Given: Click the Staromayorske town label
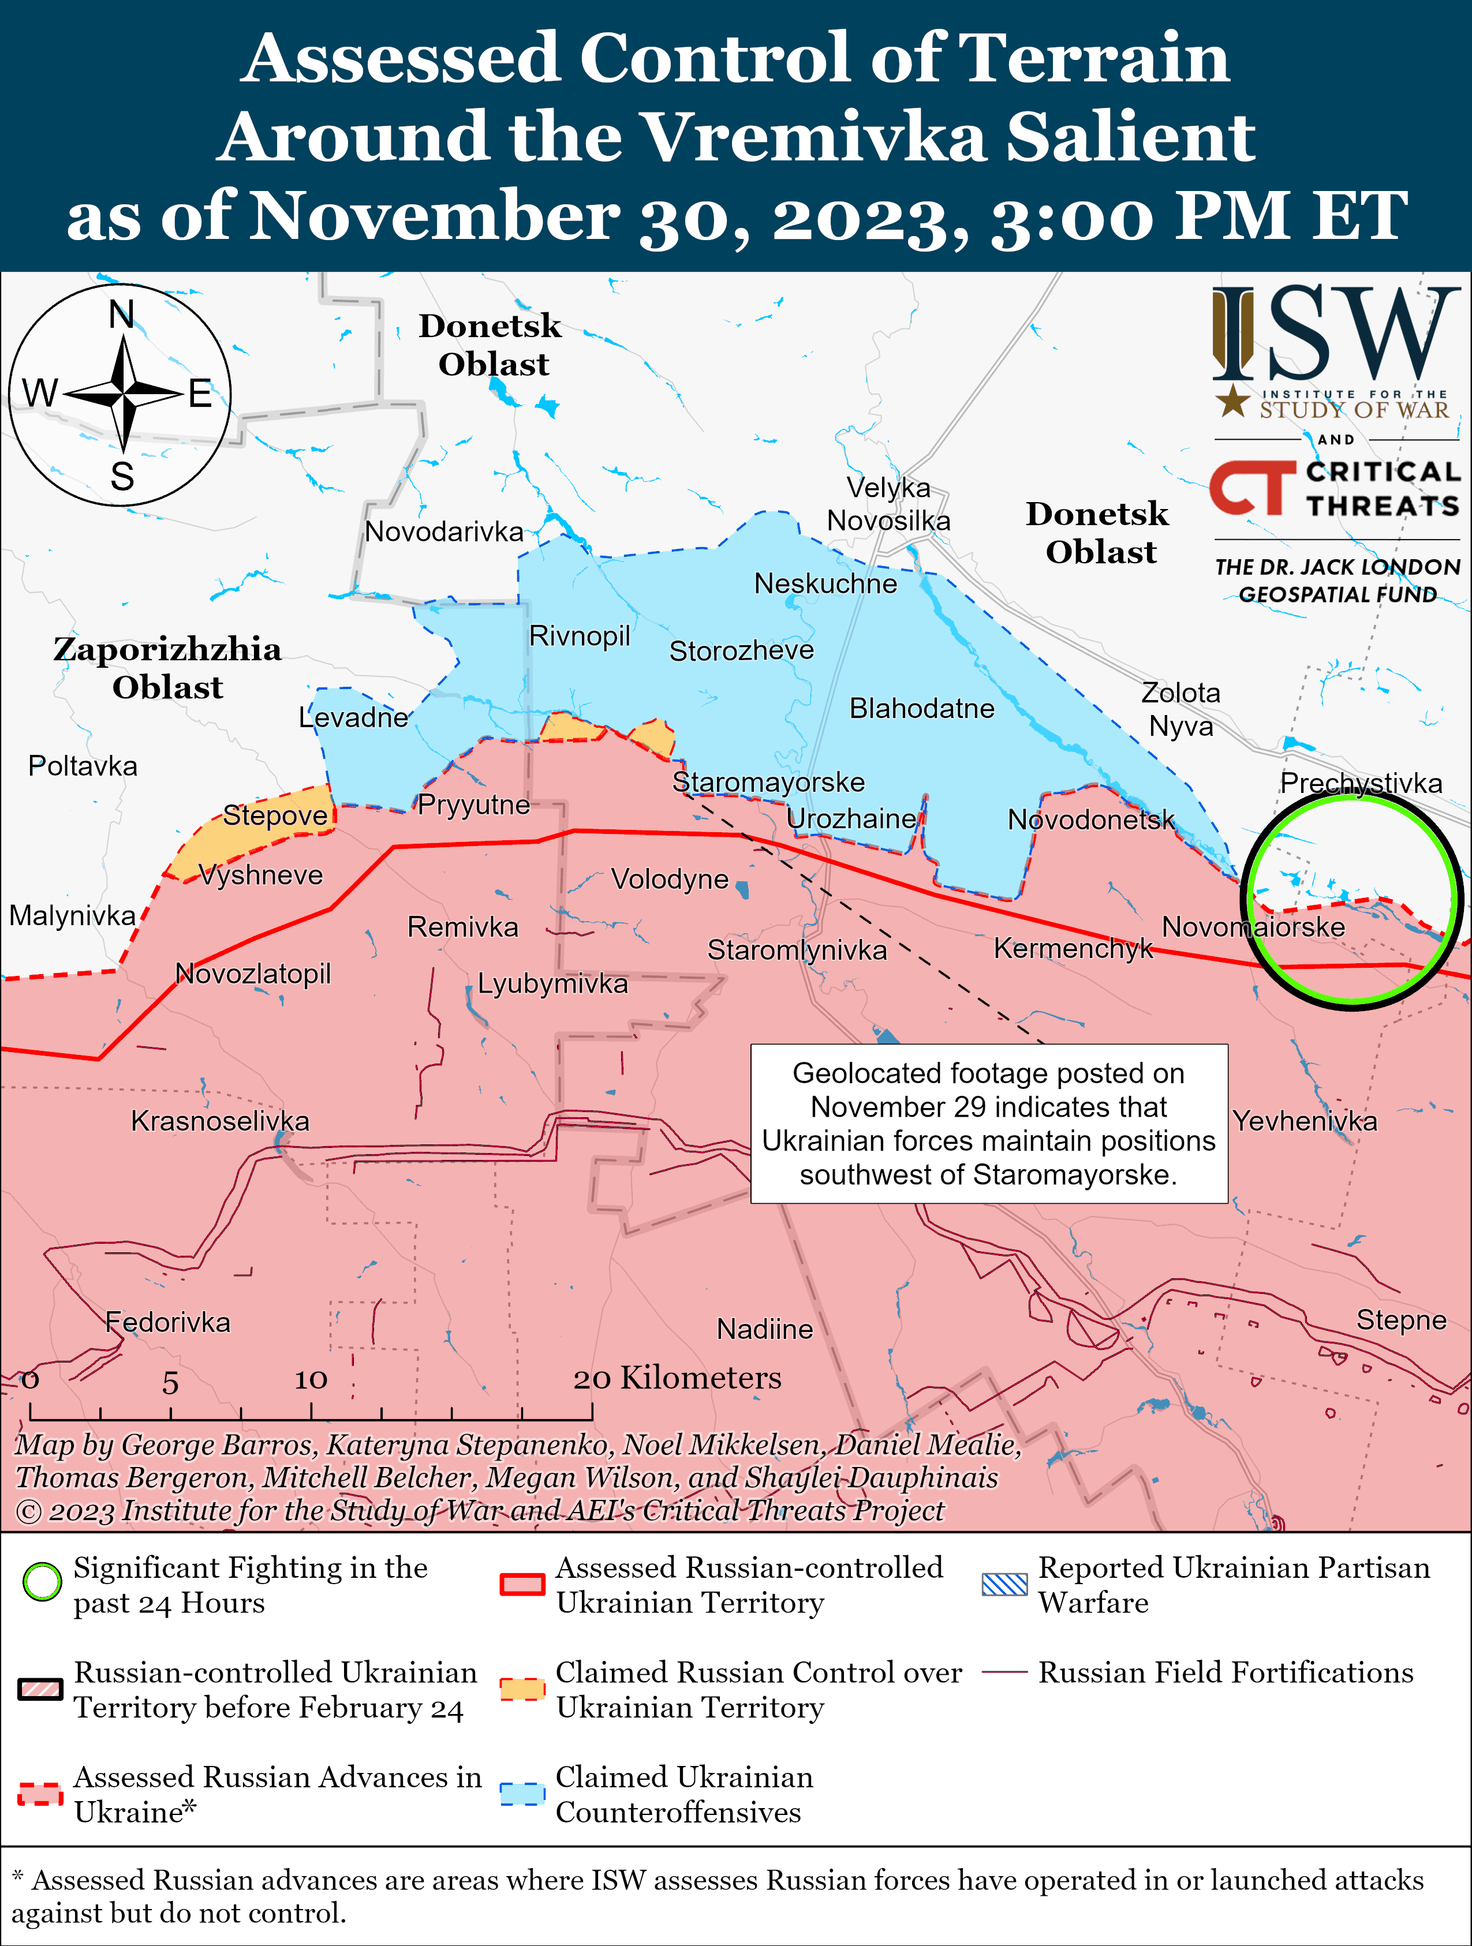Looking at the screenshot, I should (x=768, y=782).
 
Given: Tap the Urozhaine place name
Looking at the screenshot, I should (x=851, y=819).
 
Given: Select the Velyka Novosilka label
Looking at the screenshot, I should (x=888, y=504).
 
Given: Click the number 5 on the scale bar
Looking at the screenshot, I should (x=170, y=1383).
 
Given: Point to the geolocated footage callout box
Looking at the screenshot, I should (x=988, y=1124).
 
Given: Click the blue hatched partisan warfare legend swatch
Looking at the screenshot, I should (x=1004, y=1584).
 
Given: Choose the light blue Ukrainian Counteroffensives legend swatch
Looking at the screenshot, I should (x=522, y=1793).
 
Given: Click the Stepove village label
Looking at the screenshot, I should (x=275, y=815).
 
